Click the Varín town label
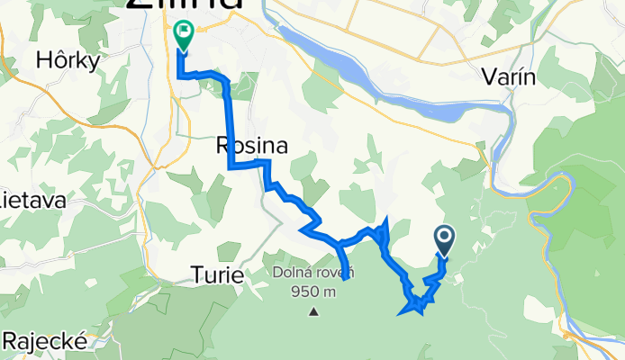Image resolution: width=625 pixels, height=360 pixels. point(510,77)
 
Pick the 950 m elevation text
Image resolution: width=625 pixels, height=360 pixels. point(314,291)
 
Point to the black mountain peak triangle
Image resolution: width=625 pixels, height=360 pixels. point(314,312)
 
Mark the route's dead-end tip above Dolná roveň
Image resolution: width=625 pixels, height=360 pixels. point(347,288)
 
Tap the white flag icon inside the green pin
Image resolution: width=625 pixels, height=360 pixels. point(183,34)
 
